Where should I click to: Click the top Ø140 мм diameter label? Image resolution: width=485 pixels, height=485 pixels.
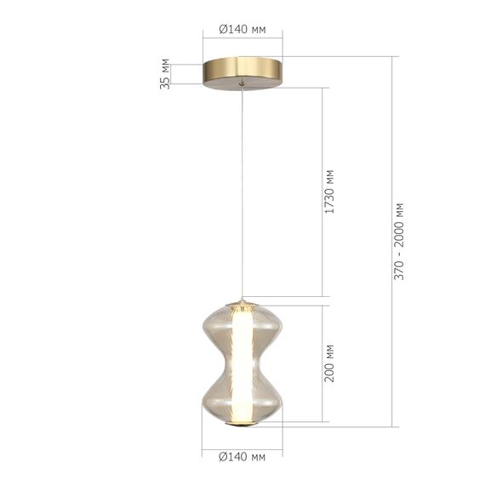pos(242,29)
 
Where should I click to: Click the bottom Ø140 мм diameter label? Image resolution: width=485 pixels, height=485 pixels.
pos(242,457)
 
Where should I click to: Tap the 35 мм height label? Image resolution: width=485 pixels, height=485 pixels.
pos(165,73)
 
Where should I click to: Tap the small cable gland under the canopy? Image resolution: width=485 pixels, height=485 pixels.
pos(242,83)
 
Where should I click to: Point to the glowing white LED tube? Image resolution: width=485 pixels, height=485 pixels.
pos(242,362)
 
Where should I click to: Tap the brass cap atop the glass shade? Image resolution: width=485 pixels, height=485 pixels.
pos(242,304)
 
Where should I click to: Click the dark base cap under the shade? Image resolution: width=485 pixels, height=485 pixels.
pos(242,423)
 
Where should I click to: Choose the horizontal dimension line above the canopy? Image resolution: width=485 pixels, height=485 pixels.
pos(242,39)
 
